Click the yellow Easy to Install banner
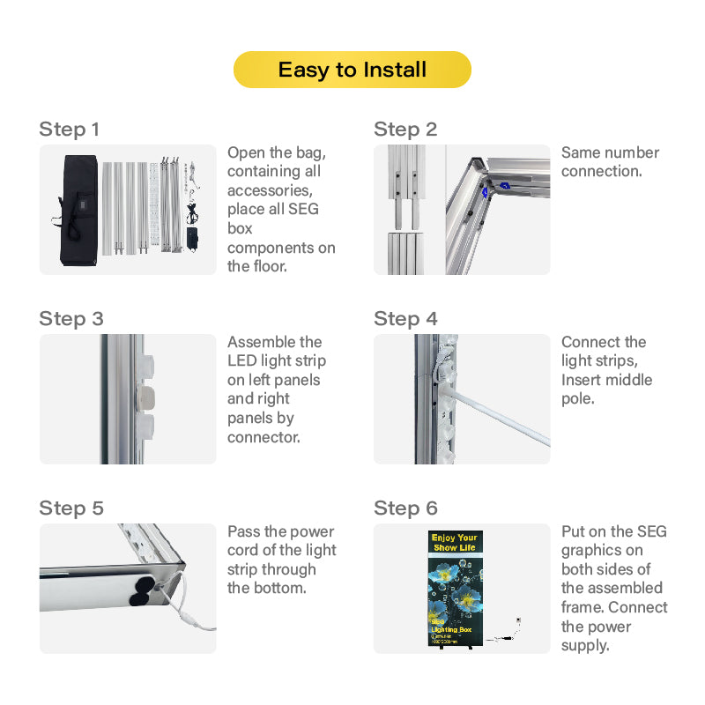(x=352, y=70)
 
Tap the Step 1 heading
(x=69, y=130)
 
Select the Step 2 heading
(x=404, y=130)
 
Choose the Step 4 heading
(x=405, y=319)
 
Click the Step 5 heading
(x=70, y=508)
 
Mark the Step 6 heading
(x=405, y=508)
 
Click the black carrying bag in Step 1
(x=78, y=210)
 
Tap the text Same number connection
(x=610, y=161)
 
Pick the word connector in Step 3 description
(x=263, y=437)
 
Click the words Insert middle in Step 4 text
(x=606, y=380)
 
